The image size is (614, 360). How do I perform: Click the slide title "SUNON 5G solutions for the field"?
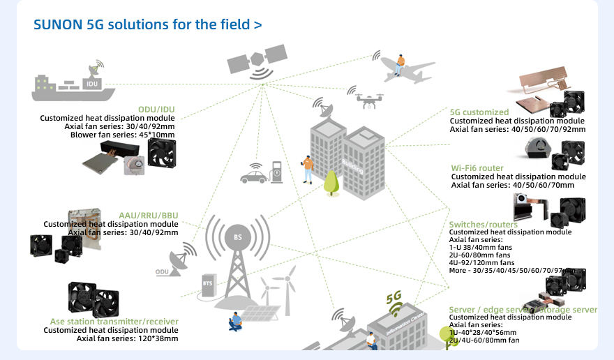pyautogui.click(x=147, y=24)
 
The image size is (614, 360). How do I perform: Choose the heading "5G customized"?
pyautogui.click(x=479, y=112)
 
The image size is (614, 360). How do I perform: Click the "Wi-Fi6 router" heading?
pyautogui.click(x=477, y=168)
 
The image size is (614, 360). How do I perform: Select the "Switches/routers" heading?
pyautogui.click(x=484, y=224)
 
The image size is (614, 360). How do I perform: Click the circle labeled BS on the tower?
pyautogui.click(x=237, y=237)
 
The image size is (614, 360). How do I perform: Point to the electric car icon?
pyautogui.click(x=254, y=175)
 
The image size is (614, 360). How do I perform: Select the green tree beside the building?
pyautogui.click(x=331, y=183)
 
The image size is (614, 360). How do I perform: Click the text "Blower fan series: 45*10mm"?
pyautogui.click(x=122, y=135)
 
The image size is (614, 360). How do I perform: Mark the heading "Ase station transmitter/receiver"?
pyautogui.click(x=114, y=322)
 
